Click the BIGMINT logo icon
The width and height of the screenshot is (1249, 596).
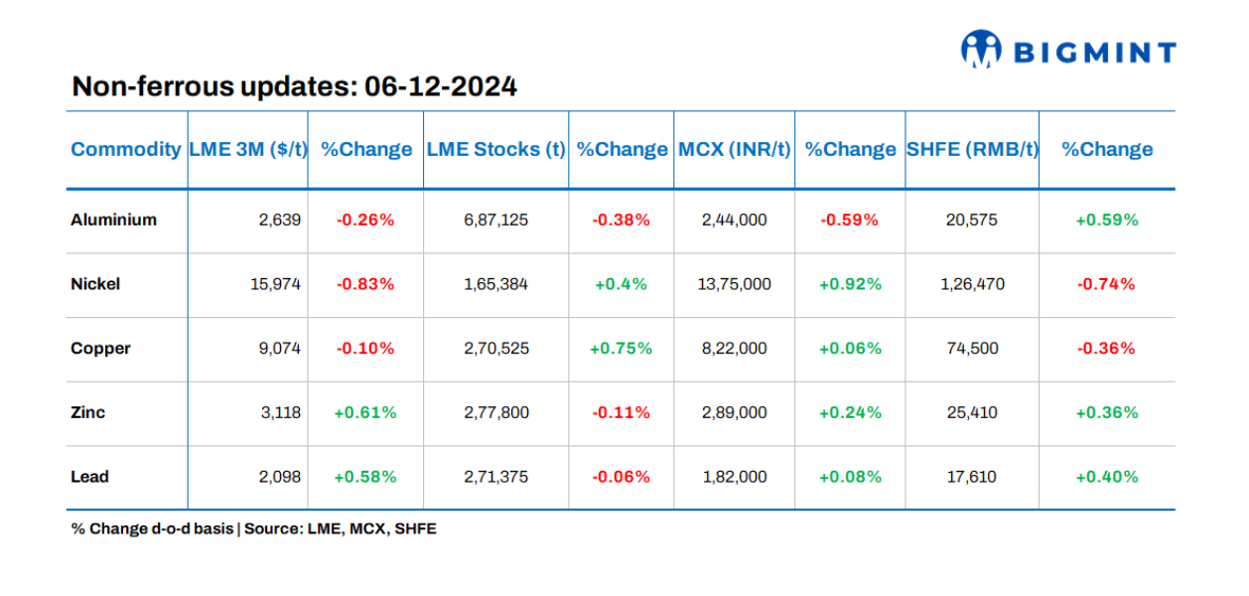[980, 49]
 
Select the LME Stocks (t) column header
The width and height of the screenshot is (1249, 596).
[495, 150]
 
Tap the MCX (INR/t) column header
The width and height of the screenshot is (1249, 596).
[735, 150]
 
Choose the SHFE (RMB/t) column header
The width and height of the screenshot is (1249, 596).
[972, 150]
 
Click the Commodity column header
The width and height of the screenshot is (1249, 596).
[126, 150]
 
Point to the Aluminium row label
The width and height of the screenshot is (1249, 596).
[113, 220]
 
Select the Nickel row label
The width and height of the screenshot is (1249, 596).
[95, 284]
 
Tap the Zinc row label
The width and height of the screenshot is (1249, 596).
[88, 412]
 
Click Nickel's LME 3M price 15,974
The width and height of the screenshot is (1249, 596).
[275, 284]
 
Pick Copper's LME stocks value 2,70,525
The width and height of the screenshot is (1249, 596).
[495, 349]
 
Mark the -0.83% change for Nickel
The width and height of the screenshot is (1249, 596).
[364, 284]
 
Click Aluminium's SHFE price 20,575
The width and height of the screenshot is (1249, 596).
[972, 220]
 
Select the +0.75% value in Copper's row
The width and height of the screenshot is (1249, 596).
[621, 349]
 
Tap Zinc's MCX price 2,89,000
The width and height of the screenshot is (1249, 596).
[734, 412]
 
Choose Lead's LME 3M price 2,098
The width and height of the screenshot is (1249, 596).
[279, 477]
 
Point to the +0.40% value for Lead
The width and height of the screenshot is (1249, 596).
[1107, 477]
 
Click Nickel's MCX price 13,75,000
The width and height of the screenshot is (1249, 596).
[734, 284]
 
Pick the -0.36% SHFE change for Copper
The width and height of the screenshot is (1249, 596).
[1107, 349]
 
